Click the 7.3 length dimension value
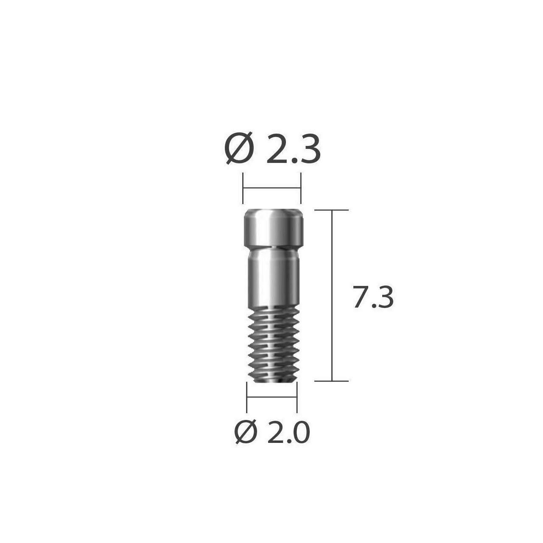tap(373, 297)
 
